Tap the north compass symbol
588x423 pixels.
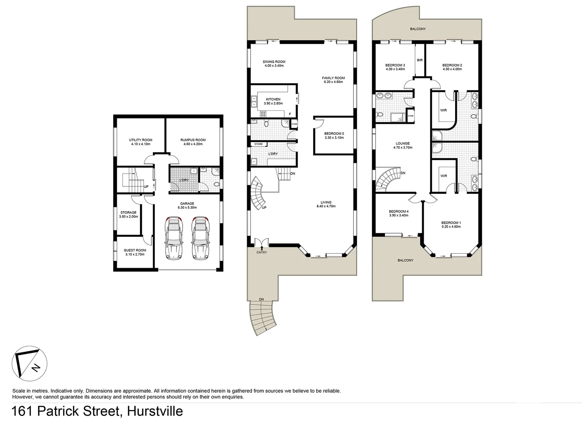point(30,363)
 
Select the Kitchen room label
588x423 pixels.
point(273,99)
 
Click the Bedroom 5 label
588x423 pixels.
point(334,134)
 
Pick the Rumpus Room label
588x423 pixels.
point(193,140)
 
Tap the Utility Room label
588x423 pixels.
point(141,140)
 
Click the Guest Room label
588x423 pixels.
point(135,250)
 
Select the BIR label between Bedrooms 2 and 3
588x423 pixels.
point(420,60)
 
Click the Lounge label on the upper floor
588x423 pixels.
point(403,143)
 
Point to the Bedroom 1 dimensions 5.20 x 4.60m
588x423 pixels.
point(451,226)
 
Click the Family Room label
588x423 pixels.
point(333,78)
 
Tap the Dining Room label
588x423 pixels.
point(274,61)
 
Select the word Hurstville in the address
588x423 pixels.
point(152,412)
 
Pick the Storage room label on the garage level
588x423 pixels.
point(128,213)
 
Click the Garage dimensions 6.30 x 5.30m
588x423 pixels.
point(187,208)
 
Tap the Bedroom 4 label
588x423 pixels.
point(399,211)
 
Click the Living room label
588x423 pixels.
point(326,202)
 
